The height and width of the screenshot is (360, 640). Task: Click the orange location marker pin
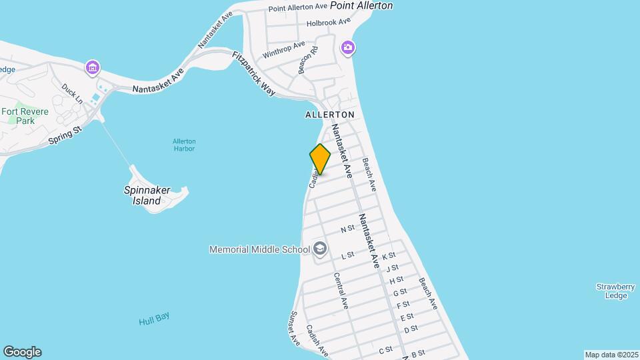[320, 159]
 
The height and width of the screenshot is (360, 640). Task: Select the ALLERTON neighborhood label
[330, 115]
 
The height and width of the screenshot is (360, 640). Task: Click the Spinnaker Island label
[147, 195]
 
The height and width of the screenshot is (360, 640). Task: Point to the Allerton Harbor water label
[184, 145]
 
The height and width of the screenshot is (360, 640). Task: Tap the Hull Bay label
[155, 319]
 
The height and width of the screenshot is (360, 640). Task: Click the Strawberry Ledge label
[611, 291]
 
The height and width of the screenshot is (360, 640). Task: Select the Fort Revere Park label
[25, 116]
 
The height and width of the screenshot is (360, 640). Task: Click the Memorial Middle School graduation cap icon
[320, 249]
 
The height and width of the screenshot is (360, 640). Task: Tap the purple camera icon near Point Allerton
[347, 48]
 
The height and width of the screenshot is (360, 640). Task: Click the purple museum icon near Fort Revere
[93, 67]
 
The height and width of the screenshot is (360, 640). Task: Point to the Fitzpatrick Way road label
[253, 74]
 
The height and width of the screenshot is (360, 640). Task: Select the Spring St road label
[65, 135]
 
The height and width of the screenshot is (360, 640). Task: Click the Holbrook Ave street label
[328, 22]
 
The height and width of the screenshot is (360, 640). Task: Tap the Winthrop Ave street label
[283, 49]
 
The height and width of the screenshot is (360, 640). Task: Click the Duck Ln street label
[71, 93]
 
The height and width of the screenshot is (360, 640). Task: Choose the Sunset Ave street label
[295, 327]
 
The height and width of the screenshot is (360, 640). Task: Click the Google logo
[22, 351]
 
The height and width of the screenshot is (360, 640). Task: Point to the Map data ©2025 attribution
[611, 355]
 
